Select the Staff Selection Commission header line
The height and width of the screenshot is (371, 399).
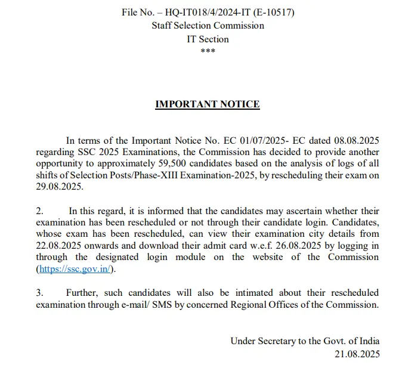[208, 26]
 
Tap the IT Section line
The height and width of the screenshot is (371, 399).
[208, 39]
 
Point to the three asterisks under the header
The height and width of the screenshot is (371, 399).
[208, 51]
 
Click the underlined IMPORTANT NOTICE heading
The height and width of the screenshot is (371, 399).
[208, 104]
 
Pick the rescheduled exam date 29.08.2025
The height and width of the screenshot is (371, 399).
[60, 186]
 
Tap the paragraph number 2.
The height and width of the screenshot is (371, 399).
[39, 211]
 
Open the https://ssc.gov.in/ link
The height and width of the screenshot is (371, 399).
[75, 268]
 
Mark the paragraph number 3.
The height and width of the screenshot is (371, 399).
[39, 293]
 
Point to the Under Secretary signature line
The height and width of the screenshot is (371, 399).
[305, 341]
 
